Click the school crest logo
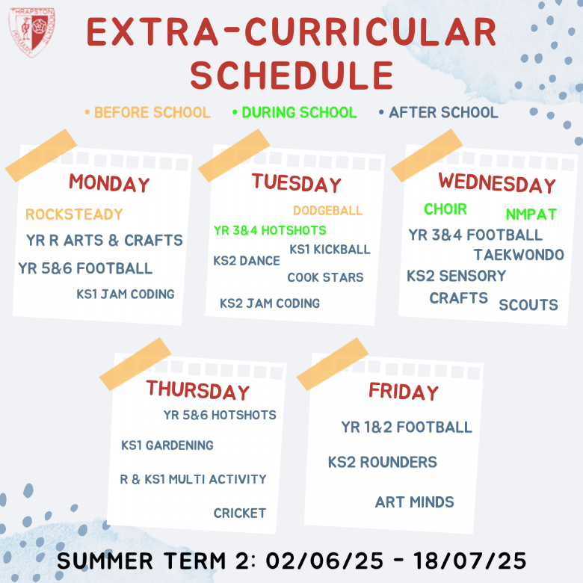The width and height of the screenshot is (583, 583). (x=32, y=32)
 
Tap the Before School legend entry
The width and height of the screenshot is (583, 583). (x=147, y=112)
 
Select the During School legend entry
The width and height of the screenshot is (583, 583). (x=294, y=112)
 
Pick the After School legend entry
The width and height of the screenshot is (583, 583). (x=438, y=112)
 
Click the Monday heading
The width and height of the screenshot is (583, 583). (x=109, y=183)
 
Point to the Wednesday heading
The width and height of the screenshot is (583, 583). (x=497, y=183)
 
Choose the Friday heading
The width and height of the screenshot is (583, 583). (x=404, y=392)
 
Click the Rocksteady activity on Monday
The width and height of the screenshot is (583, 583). (x=74, y=215)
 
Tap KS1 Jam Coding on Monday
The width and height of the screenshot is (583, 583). (x=126, y=294)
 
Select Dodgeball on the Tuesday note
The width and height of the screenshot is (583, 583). (x=327, y=211)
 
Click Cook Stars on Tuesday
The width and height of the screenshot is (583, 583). (x=325, y=277)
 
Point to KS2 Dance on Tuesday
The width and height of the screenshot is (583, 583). (x=247, y=261)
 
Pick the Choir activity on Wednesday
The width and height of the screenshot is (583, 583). (x=445, y=209)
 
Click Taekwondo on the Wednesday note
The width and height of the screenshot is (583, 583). (x=519, y=255)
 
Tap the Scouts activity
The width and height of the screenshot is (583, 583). (x=528, y=305)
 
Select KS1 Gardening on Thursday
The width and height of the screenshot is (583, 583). (x=167, y=445)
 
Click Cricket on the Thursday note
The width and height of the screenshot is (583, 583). (x=240, y=513)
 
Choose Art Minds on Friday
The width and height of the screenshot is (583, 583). (x=415, y=502)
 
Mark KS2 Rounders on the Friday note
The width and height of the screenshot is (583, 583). (x=382, y=462)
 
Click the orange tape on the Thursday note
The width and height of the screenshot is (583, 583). (x=135, y=364)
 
